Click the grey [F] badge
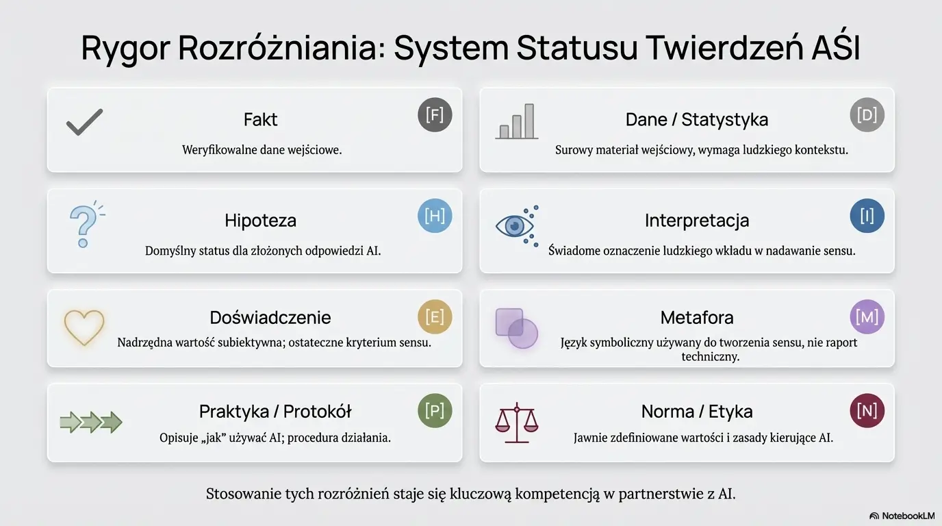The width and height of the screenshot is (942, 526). pyautogui.click(x=435, y=115)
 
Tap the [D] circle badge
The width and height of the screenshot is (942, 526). pyautogui.click(x=867, y=115)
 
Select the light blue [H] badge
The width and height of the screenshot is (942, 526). pyautogui.click(x=435, y=216)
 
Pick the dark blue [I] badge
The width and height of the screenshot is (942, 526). pyautogui.click(x=867, y=216)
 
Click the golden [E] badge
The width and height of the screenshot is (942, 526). pyautogui.click(x=435, y=317)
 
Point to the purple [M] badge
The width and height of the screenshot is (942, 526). pyautogui.click(x=867, y=317)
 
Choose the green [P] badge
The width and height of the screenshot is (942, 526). pyautogui.click(x=435, y=411)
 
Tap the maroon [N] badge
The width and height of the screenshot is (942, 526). pyautogui.click(x=867, y=411)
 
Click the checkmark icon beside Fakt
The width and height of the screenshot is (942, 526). pyautogui.click(x=84, y=123)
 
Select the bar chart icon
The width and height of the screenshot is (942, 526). pyautogui.click(x=516, y=122)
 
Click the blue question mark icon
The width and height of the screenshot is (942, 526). pyautogui.click(x=85, y=224)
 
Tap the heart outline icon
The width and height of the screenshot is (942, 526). pyautogui.click(x=84, y=327)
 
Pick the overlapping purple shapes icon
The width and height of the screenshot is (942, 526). pyautogui.click(x=516, y=328)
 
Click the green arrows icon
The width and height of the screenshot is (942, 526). pyautogui.click(x=91, y=422)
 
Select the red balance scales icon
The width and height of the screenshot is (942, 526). pyautogui.click(x=516, y=421)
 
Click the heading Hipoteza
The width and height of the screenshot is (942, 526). pyautogui.click(x=260, y=221)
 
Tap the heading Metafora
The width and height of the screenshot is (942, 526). pyautogui.click(x=696, y=318)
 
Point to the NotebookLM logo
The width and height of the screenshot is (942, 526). pyautogui.click(x=902, y=516)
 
